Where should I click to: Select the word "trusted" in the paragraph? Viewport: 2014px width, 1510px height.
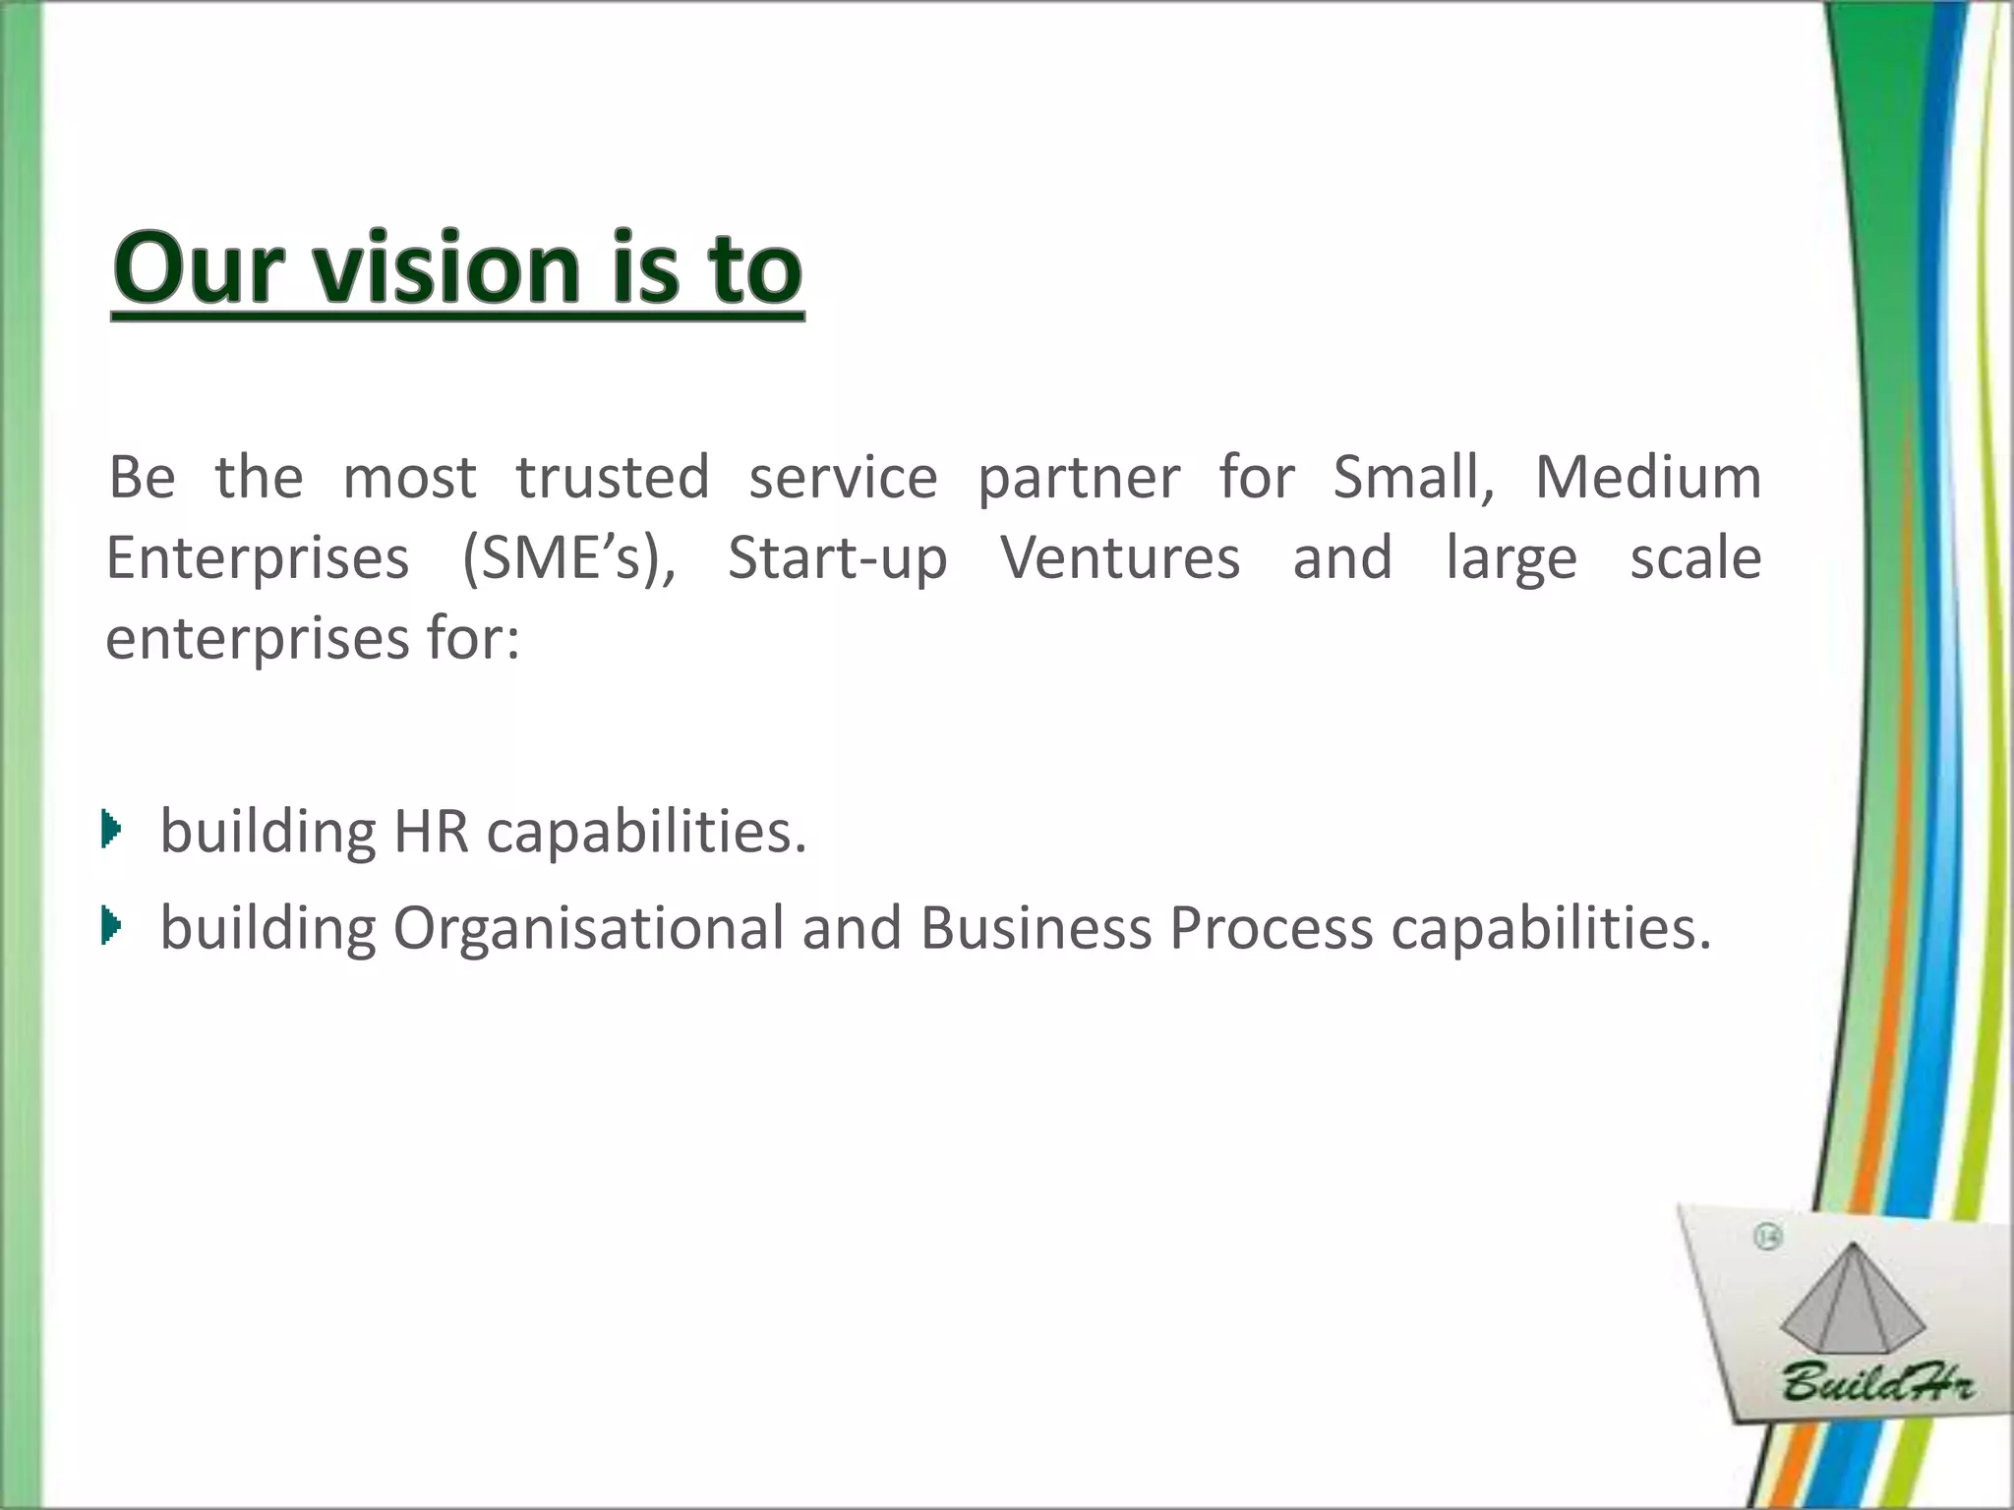coord(612,478)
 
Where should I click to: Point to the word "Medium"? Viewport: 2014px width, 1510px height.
coord(1647,478)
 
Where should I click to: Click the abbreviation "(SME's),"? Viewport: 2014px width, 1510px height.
coord(568,559)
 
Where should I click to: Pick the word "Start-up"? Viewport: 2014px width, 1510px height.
coord(837,559)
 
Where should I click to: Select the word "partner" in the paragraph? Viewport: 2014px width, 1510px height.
coord(1078,480)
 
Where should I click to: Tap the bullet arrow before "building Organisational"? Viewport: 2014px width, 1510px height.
coord(111,925)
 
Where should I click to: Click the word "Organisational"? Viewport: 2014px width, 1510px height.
coord(588,928)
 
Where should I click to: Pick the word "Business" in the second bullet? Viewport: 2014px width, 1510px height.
coord(1035,928)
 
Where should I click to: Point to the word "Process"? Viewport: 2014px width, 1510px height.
coord(1270,928)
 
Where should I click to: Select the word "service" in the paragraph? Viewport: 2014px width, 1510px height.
coord(843,478)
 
